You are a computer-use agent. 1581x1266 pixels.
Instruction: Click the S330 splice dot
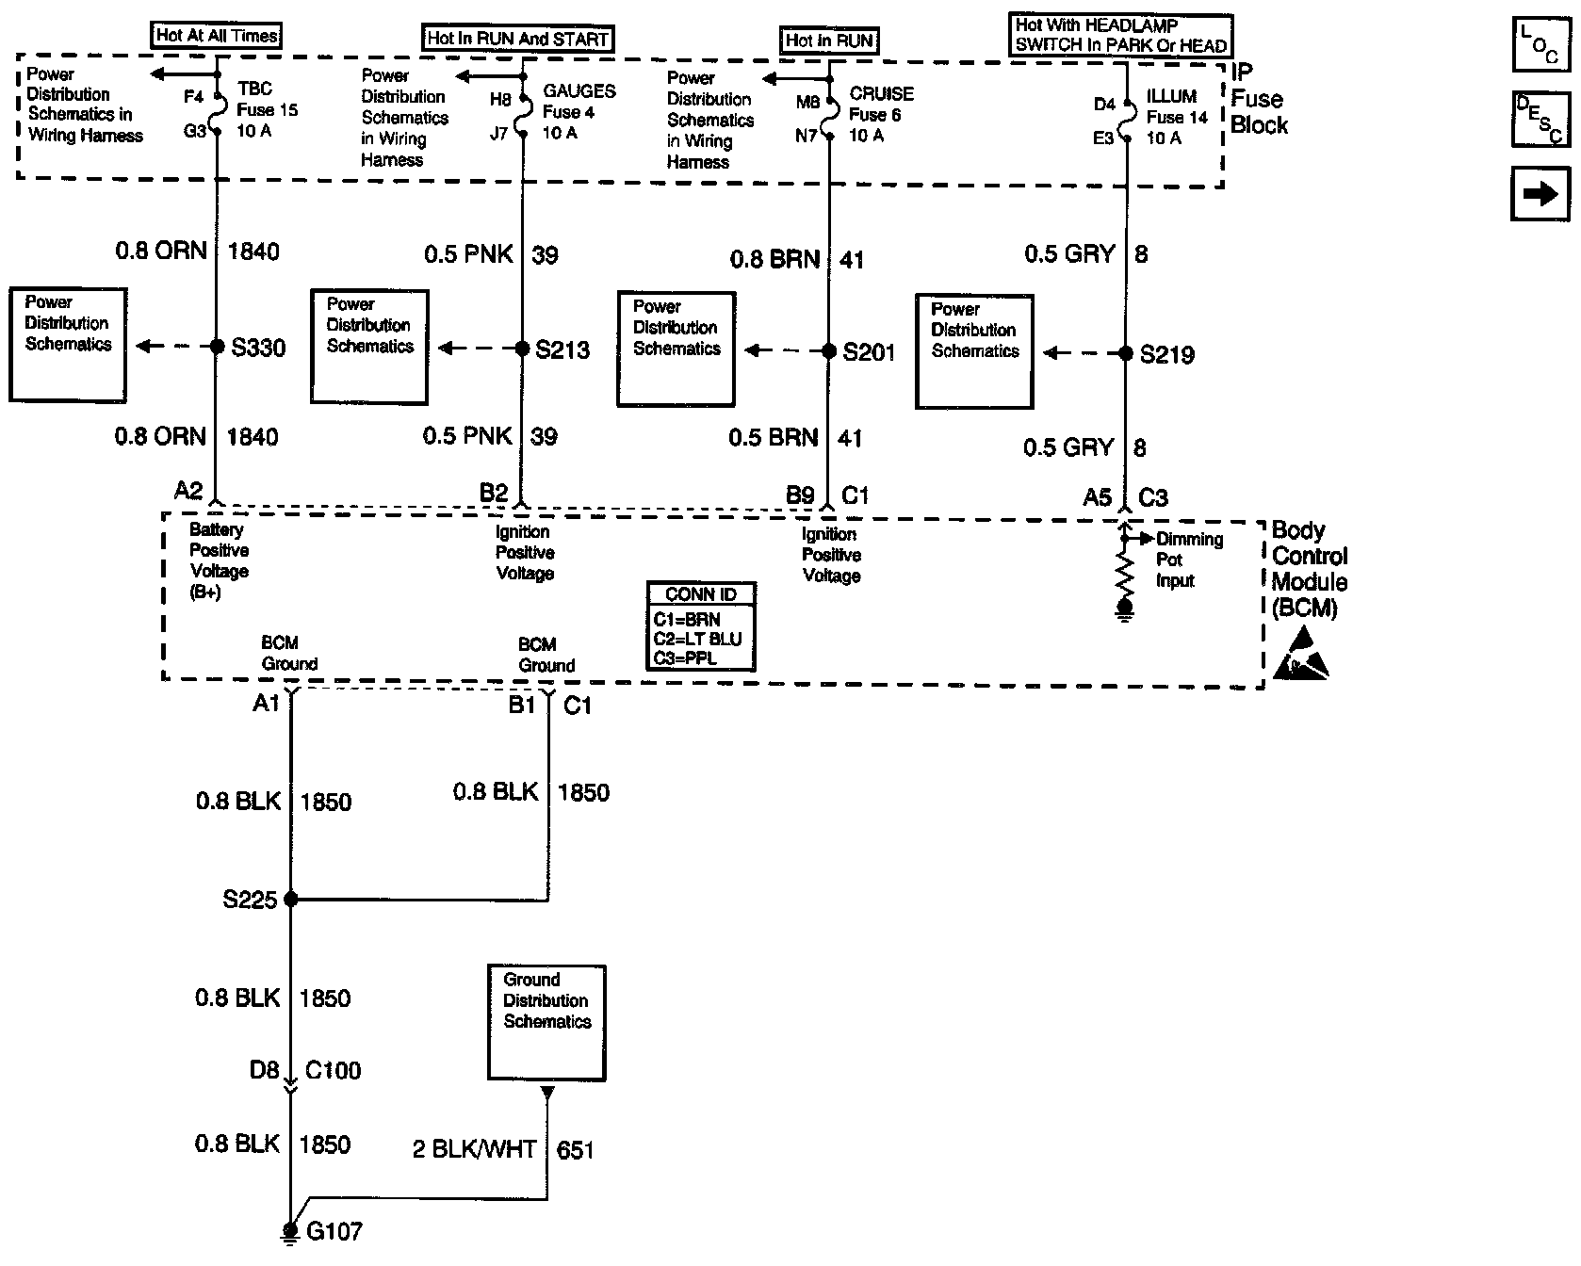(216, 347)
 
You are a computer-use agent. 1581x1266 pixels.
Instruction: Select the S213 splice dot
(522, 349)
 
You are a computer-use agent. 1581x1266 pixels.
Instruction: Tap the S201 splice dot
(829, 351)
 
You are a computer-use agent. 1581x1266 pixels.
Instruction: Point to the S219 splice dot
(1124, 353)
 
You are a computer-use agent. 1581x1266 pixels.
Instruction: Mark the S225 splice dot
(290, 900)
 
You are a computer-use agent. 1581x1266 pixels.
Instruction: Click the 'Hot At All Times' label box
(217, 36)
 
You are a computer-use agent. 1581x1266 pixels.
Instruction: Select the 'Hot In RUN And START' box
(518, 39)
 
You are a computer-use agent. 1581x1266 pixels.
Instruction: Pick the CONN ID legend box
(701, 625)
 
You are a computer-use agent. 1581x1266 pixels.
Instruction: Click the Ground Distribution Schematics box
(546, 1022)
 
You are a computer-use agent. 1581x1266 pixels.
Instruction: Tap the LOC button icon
(1540, 44)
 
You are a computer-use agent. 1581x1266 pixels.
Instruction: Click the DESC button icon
(1540, 120)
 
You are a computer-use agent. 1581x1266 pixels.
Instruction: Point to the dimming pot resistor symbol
(1124, 570)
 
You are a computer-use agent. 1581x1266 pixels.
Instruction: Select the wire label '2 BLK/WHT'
(474, 1149)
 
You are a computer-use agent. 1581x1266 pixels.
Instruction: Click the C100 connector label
(333, 1070)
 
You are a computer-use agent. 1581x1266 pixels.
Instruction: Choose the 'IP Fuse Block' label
(1258, 99)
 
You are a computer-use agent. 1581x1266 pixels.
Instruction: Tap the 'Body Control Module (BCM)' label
(1309, 569)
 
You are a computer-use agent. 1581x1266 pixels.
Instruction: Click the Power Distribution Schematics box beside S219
(974, 351)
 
